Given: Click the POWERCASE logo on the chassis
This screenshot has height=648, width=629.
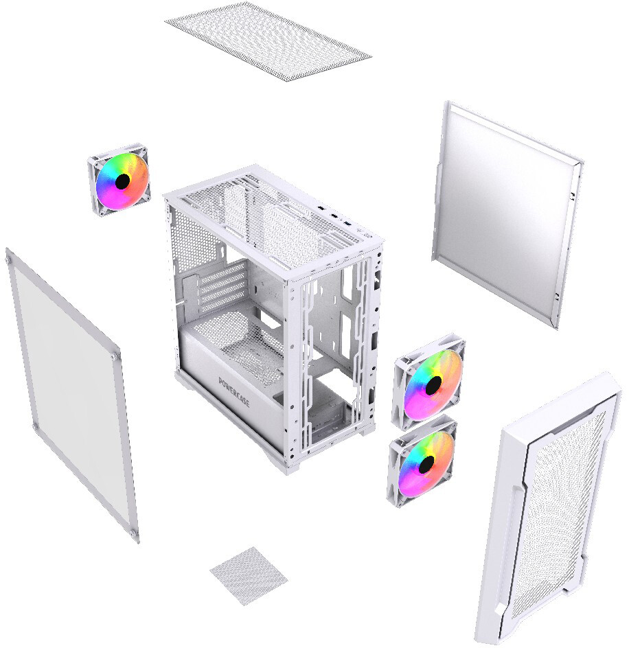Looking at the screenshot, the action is tap(234, 392).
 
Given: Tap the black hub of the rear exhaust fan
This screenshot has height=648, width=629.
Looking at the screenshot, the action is tap(122, 181).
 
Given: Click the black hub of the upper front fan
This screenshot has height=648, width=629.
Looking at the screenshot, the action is tap(433, 384).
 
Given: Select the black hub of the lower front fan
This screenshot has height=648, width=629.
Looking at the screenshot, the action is tap(427, 464).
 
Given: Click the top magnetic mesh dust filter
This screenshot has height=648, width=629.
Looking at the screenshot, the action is tap(268, 40).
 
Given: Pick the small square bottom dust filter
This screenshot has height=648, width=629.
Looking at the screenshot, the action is tap(249, 575).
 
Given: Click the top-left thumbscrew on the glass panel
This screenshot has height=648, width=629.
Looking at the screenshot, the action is tap(8, 260).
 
